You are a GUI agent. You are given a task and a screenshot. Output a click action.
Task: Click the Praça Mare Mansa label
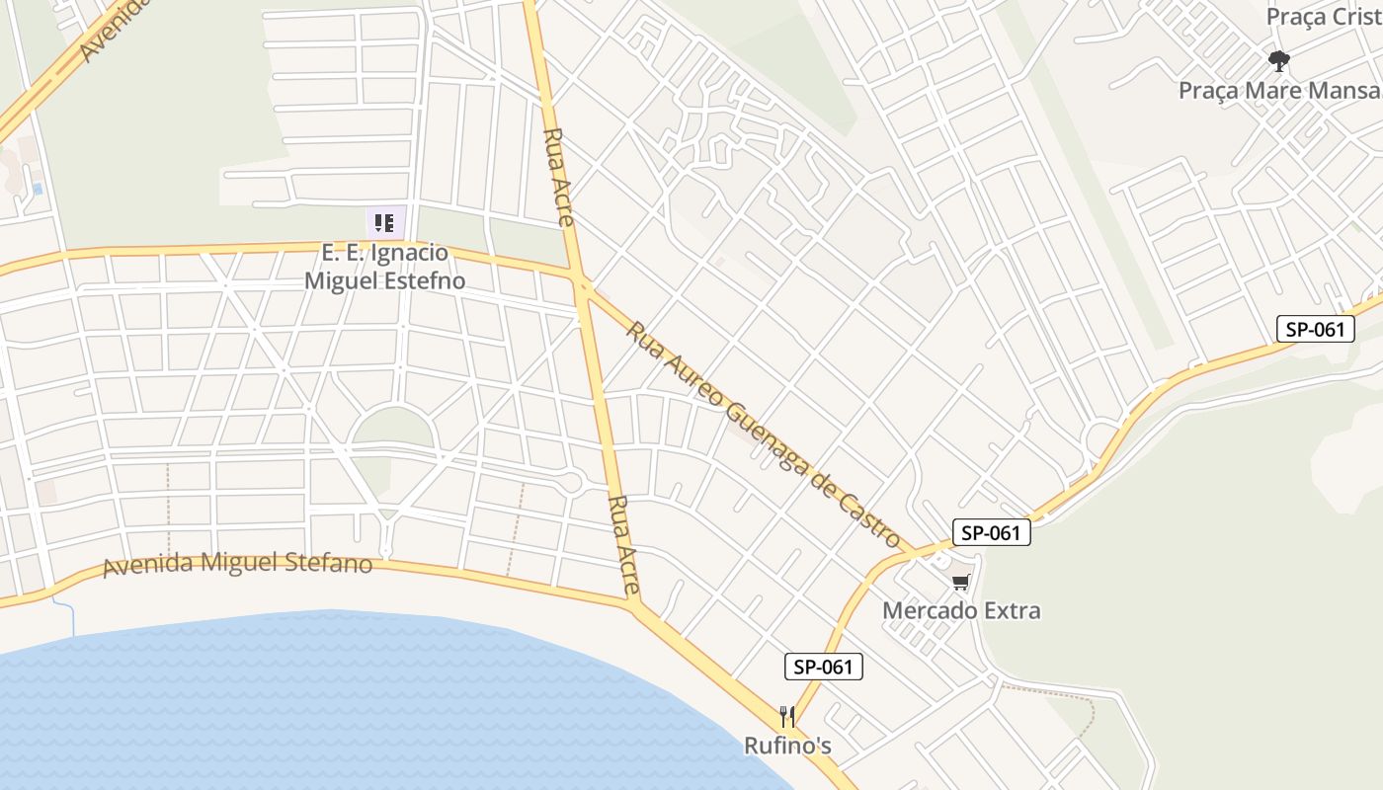1280,90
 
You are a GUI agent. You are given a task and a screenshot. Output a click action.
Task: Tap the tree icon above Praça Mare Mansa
1279,61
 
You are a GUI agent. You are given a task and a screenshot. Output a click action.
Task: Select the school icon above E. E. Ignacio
384,223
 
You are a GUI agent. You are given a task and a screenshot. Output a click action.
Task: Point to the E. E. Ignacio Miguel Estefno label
384,267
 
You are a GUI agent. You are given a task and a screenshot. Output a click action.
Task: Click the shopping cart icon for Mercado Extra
961,582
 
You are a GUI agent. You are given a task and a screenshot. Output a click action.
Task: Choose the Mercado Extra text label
961,610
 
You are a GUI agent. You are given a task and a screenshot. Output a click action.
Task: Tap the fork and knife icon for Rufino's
787,716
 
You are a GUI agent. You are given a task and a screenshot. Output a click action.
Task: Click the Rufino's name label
787,746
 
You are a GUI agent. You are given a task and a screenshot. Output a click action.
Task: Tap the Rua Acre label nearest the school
558,178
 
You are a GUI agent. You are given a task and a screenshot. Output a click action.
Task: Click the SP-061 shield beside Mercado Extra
991,533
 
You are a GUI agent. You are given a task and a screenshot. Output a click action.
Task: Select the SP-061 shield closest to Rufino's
824,667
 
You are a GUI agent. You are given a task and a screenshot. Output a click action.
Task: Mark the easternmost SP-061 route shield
1315,329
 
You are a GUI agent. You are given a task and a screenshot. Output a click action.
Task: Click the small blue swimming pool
38,188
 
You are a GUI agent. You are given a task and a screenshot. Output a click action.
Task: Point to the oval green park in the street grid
393,427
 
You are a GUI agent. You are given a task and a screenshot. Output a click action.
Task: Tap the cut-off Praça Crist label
1323,17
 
